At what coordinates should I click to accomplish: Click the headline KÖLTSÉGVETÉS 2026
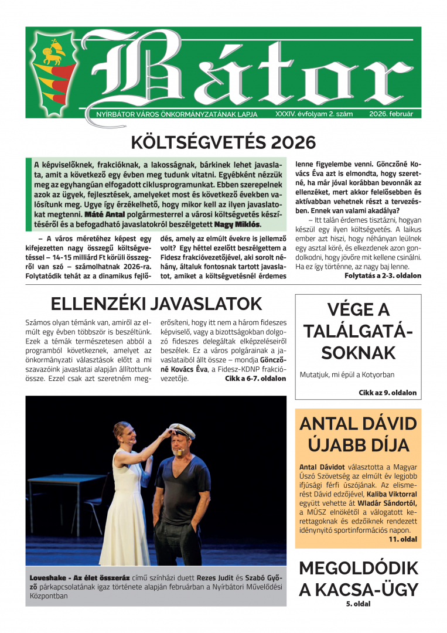pos(223,142)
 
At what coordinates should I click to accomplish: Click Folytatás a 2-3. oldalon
pos(383,275)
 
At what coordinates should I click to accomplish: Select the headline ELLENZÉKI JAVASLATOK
pos(156,304)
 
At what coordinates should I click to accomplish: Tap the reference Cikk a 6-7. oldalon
pos(255,379)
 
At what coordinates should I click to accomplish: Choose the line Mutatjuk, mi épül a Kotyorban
pos(347,375)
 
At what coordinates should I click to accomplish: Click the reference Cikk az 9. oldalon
pos(387,393)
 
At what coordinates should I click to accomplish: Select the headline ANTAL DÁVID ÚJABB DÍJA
pos(358,434)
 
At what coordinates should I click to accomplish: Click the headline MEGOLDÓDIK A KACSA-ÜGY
pos(358,578)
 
